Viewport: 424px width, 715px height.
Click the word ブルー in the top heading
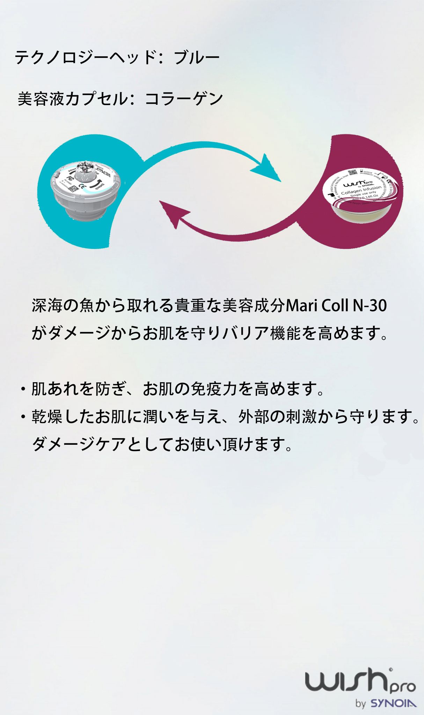coord(197,58)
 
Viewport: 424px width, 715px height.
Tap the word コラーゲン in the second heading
coord(184,99)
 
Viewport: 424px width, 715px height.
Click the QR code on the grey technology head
coord(73,189)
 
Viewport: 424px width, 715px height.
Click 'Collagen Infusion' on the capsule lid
coord(361,190)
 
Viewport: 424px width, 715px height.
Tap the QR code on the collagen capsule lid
coord(352,172)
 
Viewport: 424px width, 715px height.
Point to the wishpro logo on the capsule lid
coord(358,183)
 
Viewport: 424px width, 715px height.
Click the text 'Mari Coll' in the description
coord(317,305)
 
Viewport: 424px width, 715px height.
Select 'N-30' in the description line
coord(370,305)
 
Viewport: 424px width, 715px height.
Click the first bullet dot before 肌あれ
coord(23,389)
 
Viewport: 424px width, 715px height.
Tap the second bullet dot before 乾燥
coord(23,417)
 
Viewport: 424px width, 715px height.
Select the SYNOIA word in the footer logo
coord(393,703)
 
